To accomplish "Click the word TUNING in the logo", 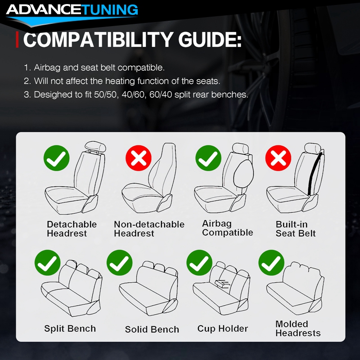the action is pos(110,9).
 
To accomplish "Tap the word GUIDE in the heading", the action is pos(210,40).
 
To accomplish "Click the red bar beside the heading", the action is pos(17,40).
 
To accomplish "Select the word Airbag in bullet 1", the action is pos(47,67).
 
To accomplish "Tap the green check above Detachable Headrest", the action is pos(57,158).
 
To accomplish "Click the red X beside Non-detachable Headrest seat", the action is pos(139,158).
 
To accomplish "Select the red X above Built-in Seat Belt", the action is pos(278,158).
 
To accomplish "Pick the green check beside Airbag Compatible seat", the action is pos(208,158).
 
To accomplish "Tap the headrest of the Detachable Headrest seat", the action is pos(95,146).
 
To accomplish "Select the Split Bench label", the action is pos(70,328).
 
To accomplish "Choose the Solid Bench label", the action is pos(152,329).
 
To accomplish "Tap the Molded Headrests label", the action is pos(298,328).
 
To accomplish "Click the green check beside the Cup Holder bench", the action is pos(199,263).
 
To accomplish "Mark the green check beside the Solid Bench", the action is pos(120,263).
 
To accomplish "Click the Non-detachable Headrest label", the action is pos(149,229).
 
